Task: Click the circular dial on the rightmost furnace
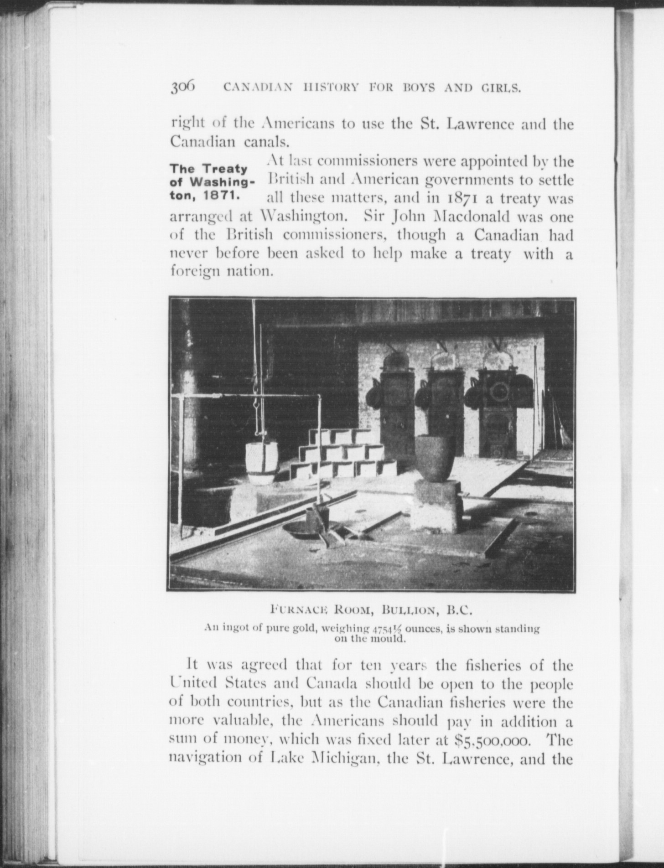[x=498, y=390]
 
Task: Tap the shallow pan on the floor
[x=304, y=530]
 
